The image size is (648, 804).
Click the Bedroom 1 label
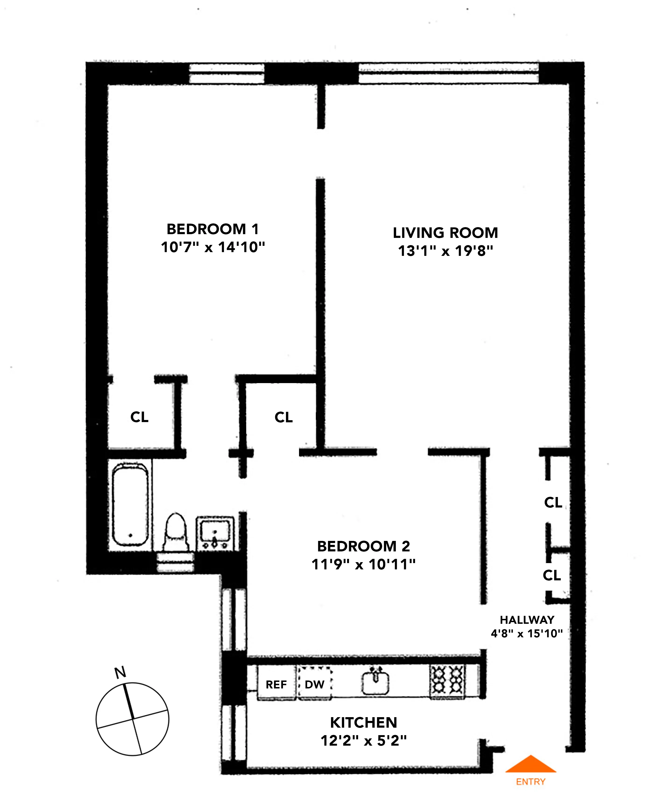point(212,229)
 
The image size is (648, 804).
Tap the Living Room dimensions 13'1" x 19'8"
point(445,251)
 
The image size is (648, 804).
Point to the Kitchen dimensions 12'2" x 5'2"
point(363,741)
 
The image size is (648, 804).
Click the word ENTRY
point(530,782)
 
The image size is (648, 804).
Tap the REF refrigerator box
point(276,684)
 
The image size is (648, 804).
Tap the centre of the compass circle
point(133,719)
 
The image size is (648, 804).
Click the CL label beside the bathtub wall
point(139,417)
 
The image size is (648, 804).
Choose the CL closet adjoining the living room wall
point(283,417)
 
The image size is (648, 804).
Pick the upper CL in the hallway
point(553,502)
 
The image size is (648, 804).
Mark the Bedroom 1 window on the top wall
point(227,73)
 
